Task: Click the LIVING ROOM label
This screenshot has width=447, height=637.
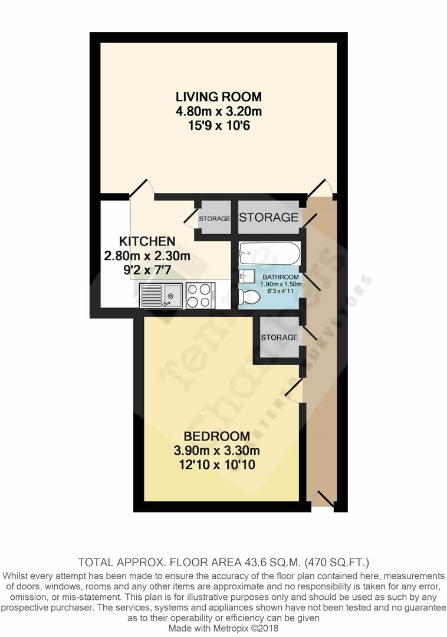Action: click(218, 97)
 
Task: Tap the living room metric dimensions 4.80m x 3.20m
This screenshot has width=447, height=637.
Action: click(218, 111)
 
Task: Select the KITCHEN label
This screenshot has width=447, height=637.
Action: click(147, 241)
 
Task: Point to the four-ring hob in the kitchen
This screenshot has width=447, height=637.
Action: click(200, 294)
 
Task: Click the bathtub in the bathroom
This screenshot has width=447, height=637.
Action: click(269, 254)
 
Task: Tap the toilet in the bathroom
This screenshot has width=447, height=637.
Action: click(250, 297)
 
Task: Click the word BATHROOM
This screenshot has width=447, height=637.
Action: click(281, 277)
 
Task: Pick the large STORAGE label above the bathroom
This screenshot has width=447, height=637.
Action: click(268, 217)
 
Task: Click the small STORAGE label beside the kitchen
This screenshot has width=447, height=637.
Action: click(214, 219)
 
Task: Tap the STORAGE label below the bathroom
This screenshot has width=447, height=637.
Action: click(279, 337)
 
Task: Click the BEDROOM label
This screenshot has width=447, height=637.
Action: click(216, 436)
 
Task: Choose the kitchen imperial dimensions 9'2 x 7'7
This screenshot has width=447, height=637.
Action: click(147, 270)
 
